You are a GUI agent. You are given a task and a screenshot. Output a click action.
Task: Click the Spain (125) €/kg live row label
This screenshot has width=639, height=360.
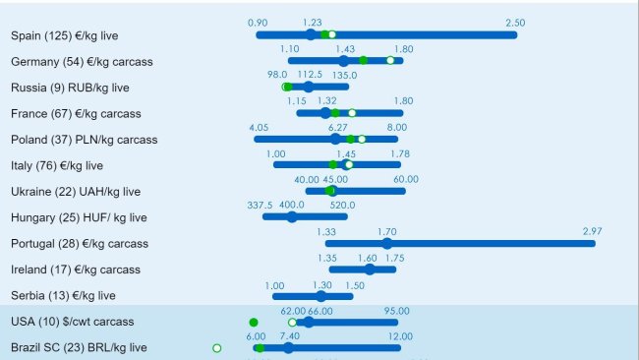point(65,35)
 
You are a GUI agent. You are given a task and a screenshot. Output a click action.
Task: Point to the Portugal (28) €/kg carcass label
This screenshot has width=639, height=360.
point(80,243)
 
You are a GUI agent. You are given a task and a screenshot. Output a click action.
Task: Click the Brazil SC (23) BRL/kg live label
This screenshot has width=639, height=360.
point(79,347)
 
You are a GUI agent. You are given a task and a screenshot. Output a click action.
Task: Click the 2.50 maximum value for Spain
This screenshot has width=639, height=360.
point(515,23)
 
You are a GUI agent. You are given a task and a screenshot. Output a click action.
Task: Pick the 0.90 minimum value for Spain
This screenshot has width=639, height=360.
point(258,23)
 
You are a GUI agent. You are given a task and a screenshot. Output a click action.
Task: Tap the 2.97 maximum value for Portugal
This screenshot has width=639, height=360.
point(592,231)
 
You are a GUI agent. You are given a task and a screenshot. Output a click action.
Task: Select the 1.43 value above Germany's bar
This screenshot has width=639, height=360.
point(345,48)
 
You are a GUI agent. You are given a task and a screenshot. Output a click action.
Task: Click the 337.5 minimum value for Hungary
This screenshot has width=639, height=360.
point(260,205)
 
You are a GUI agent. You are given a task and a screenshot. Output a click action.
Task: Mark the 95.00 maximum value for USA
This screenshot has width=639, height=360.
point(396,310)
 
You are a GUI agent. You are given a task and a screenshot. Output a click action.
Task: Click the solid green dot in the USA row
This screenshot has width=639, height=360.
point(254,322)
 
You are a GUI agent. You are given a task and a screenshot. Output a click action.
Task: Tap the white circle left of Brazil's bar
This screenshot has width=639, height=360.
point(217,347)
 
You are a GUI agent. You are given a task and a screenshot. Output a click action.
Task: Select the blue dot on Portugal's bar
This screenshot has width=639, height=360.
point(387,243)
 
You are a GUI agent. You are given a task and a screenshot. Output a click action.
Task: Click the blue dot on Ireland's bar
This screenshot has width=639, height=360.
point(369,269)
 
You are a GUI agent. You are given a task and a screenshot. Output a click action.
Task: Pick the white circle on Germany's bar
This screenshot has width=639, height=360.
point(390,61)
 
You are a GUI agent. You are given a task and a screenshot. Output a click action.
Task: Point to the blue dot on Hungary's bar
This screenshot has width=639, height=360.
point(292,216)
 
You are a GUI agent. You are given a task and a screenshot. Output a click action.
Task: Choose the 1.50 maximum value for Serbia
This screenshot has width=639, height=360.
point(355,284)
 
